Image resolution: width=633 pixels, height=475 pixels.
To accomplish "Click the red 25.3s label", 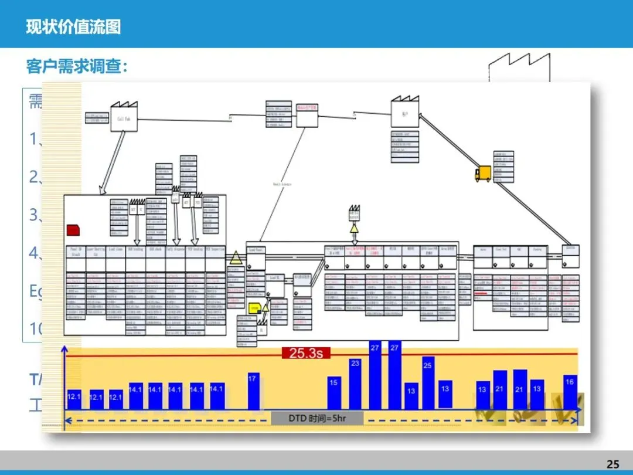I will [x=306, y=353].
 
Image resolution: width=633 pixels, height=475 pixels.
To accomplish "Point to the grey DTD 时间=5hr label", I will [x=317, y=418].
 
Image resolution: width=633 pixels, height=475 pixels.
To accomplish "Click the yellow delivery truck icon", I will [x=483, y=173].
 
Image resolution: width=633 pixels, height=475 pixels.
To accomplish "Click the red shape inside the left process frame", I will [x=74, y=229].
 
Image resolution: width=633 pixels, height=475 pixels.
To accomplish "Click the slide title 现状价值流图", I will [x=73, y=27].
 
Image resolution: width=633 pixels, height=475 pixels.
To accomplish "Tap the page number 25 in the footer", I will [x=612, y=464].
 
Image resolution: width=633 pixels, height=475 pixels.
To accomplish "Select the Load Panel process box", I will [x=256, y=250].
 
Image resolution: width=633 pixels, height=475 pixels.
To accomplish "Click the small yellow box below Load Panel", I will [x=254, y=307].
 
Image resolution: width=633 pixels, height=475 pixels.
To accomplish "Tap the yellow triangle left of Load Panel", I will [x=236, y=257].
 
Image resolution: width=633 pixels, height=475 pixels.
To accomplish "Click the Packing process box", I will [x=537, y=250].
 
